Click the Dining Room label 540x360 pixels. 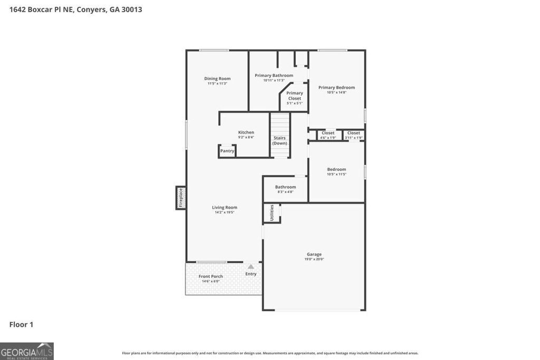click(217, 79)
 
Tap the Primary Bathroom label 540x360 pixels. click(274, 76)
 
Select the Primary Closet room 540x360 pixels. click(295, 98)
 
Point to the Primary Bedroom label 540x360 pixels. click(336, 87)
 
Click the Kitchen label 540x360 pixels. click(246, 133)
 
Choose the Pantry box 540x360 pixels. click(227, 151)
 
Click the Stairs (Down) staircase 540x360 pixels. click(280, 135)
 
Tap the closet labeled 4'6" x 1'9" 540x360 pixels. click(328, 135)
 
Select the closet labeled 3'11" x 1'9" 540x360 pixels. click(353, 135)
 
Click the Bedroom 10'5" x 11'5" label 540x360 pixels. click(336, 170)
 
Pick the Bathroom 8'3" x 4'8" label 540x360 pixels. click(285, 187)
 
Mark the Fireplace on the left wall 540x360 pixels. click(180, 198)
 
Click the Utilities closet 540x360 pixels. click(272, 213)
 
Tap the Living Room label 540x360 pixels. click(225, 208)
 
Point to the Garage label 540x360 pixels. click(314, 255)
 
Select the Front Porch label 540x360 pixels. click(211, 277)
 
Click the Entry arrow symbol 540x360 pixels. click(251, 267)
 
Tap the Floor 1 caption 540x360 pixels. click(21, 325)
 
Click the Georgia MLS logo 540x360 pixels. click(27, 351)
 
